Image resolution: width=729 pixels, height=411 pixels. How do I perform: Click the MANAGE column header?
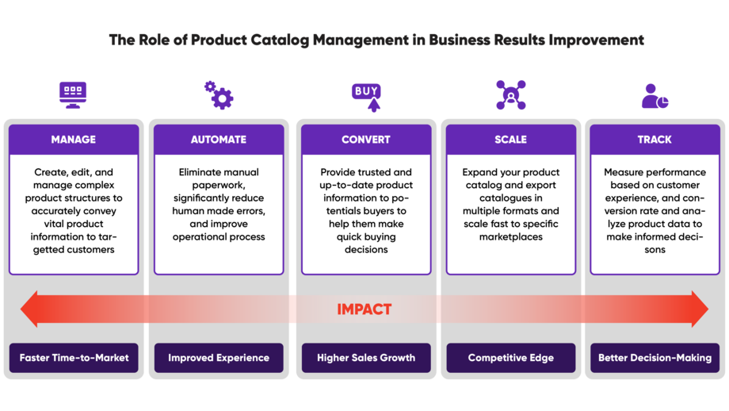point(74,140)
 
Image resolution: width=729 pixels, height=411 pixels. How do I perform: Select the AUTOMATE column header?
point(219,140)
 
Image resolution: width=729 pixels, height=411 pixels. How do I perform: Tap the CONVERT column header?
point(365,140)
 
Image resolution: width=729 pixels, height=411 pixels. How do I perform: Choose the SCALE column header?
point(510,140)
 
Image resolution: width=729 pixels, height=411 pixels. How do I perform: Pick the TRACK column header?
point(655,140)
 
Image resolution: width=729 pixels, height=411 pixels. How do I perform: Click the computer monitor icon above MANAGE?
point(73,94)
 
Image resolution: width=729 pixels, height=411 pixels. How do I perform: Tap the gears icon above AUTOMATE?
point(219,94)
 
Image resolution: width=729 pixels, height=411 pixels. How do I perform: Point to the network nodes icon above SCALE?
point(510,94)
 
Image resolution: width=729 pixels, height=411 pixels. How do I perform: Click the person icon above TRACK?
point(654,96)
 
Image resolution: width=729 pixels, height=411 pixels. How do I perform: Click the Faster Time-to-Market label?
point(74,358)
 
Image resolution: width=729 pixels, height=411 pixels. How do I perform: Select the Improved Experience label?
point(219,358)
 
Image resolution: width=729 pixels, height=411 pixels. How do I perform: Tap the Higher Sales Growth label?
point(365,358)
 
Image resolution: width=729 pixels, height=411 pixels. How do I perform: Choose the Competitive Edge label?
point(510,358)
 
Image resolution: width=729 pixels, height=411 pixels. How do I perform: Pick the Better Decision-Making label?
point(655,358)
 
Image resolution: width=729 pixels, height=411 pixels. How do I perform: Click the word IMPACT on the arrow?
point(364,309)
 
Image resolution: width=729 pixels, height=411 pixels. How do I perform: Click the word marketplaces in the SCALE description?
point(510,236)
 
